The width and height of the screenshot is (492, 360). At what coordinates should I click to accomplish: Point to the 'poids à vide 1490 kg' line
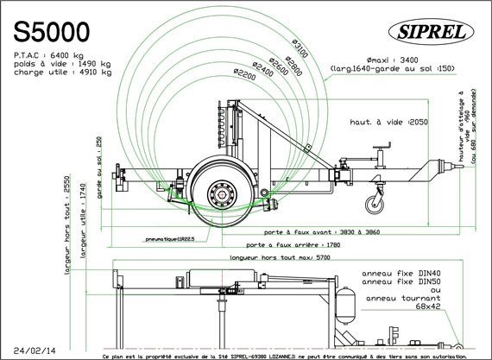coord(62,63)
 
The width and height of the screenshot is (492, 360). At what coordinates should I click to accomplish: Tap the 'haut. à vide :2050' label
coord(388,122)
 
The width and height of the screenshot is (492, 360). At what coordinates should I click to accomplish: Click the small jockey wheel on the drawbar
coord(373,205)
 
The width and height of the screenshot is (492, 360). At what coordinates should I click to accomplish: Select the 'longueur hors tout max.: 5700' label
coord(274,257)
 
